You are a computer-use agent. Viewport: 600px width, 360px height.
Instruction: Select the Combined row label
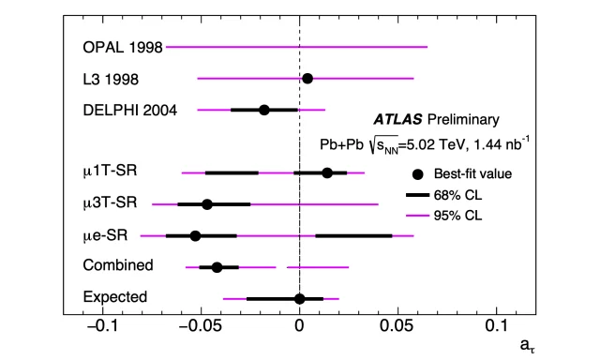pos(117,266)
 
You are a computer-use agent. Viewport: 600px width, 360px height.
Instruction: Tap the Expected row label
pos(114,298)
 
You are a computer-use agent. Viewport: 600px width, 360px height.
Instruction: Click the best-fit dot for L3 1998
pos(307,79)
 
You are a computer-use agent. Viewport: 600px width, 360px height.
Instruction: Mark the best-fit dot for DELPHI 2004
pos(264,110)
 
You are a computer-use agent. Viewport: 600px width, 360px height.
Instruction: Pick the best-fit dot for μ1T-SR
pos(327,172)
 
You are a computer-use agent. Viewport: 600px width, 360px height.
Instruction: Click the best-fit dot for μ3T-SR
pos(207,203)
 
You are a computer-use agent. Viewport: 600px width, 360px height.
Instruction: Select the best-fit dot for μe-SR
pos(195,235)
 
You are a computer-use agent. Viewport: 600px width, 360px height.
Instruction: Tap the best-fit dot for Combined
pos(217,267)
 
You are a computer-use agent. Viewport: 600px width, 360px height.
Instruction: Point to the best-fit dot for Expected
pos(299,298)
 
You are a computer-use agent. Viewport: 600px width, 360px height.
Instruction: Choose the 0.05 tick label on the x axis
pos(398,327)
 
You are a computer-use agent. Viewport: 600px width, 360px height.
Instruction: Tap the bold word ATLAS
pos(397,120)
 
